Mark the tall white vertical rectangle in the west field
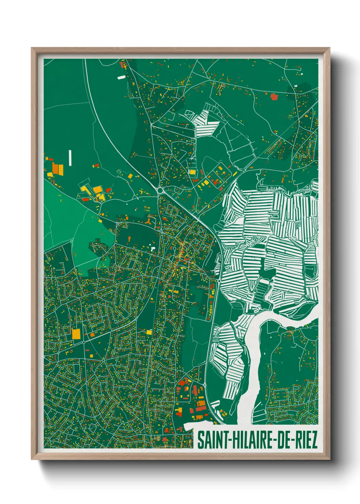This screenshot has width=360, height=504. pos(70,158)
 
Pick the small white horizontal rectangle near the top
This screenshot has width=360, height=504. pos(121,77)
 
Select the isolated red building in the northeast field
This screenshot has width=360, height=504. pos(274,97)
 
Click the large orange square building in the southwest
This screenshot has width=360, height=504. pos(76,333)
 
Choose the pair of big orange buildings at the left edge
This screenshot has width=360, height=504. pos(58,169)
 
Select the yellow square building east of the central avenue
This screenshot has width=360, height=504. pos(193,172)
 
